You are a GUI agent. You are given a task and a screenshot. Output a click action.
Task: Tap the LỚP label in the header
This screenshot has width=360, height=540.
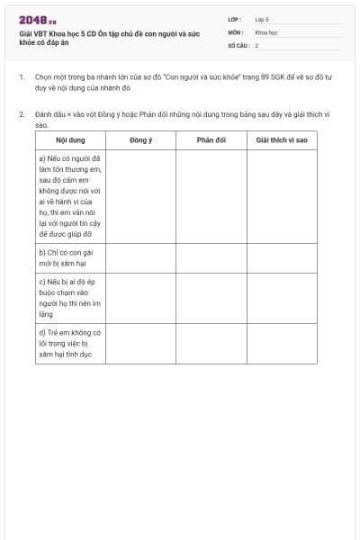point(235,19)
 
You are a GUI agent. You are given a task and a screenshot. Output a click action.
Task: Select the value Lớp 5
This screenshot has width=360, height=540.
point(262,19)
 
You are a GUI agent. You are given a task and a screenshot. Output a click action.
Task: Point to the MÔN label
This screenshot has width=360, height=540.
point(236,31)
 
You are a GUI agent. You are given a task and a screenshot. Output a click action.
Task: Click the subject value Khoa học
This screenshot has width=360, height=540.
point(266,31)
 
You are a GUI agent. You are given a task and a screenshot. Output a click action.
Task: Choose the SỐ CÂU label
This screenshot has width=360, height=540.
point(238,44)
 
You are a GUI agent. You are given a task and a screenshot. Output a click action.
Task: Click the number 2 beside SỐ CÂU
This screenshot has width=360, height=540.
point(256,44)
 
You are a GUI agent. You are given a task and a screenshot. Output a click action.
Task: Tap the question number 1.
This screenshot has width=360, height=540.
point(22,78)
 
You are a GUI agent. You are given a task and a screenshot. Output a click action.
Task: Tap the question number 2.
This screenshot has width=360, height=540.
point(22,114)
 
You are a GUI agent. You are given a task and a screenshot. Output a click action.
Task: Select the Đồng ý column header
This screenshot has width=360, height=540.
point(140,140)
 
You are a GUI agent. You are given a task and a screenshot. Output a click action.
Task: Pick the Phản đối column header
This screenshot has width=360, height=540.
point(211,140)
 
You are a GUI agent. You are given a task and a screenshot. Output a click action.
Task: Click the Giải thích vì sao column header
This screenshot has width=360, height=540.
point(282,140)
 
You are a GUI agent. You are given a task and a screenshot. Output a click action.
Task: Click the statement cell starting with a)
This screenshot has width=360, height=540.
point(70,195)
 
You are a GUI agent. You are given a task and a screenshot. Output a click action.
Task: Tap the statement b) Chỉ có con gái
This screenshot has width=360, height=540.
point(70,258)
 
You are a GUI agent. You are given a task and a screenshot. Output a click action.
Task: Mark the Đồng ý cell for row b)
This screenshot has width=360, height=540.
point(140,258)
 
